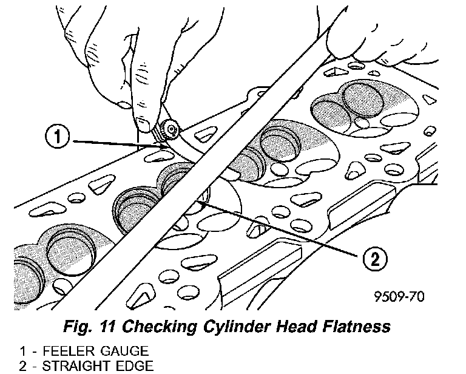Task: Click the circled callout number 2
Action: [x=373, y=260]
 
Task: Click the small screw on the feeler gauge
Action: [x=172, y=128]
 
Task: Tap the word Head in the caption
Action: [x=285, y=327]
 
